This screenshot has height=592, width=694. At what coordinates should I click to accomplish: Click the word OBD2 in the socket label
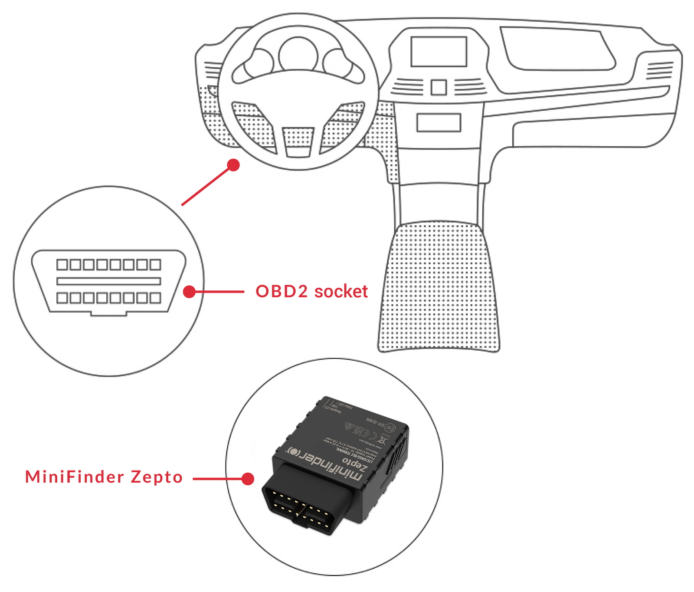point(282,291)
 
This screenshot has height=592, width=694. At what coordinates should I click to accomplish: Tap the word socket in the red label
point(341,291)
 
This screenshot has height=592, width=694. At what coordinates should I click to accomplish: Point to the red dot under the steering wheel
point(233,165)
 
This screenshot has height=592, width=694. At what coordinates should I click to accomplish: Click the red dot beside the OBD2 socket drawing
point(189,292)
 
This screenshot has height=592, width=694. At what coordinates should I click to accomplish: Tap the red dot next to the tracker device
point(248,479)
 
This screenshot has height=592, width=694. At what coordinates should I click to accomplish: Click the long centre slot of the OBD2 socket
point(108,281)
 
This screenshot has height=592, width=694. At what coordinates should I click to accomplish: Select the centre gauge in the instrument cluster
point(298,55)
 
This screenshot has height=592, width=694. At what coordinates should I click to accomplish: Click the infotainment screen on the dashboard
point(439,52)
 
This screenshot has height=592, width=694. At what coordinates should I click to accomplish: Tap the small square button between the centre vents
point(439,88)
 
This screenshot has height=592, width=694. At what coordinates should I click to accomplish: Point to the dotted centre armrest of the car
point(438,286)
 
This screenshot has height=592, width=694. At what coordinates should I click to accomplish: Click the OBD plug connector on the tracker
point(304,499)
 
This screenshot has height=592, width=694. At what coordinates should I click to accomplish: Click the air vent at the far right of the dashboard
point(660,71)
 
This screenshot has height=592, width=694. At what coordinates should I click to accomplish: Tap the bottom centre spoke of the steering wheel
point(298,141)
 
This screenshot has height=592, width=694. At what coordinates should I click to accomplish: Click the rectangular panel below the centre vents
point(438,122)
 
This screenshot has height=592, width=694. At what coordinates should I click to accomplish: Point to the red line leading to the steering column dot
point(206,186)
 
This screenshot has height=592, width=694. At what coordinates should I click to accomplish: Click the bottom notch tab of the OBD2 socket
point(108,313)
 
